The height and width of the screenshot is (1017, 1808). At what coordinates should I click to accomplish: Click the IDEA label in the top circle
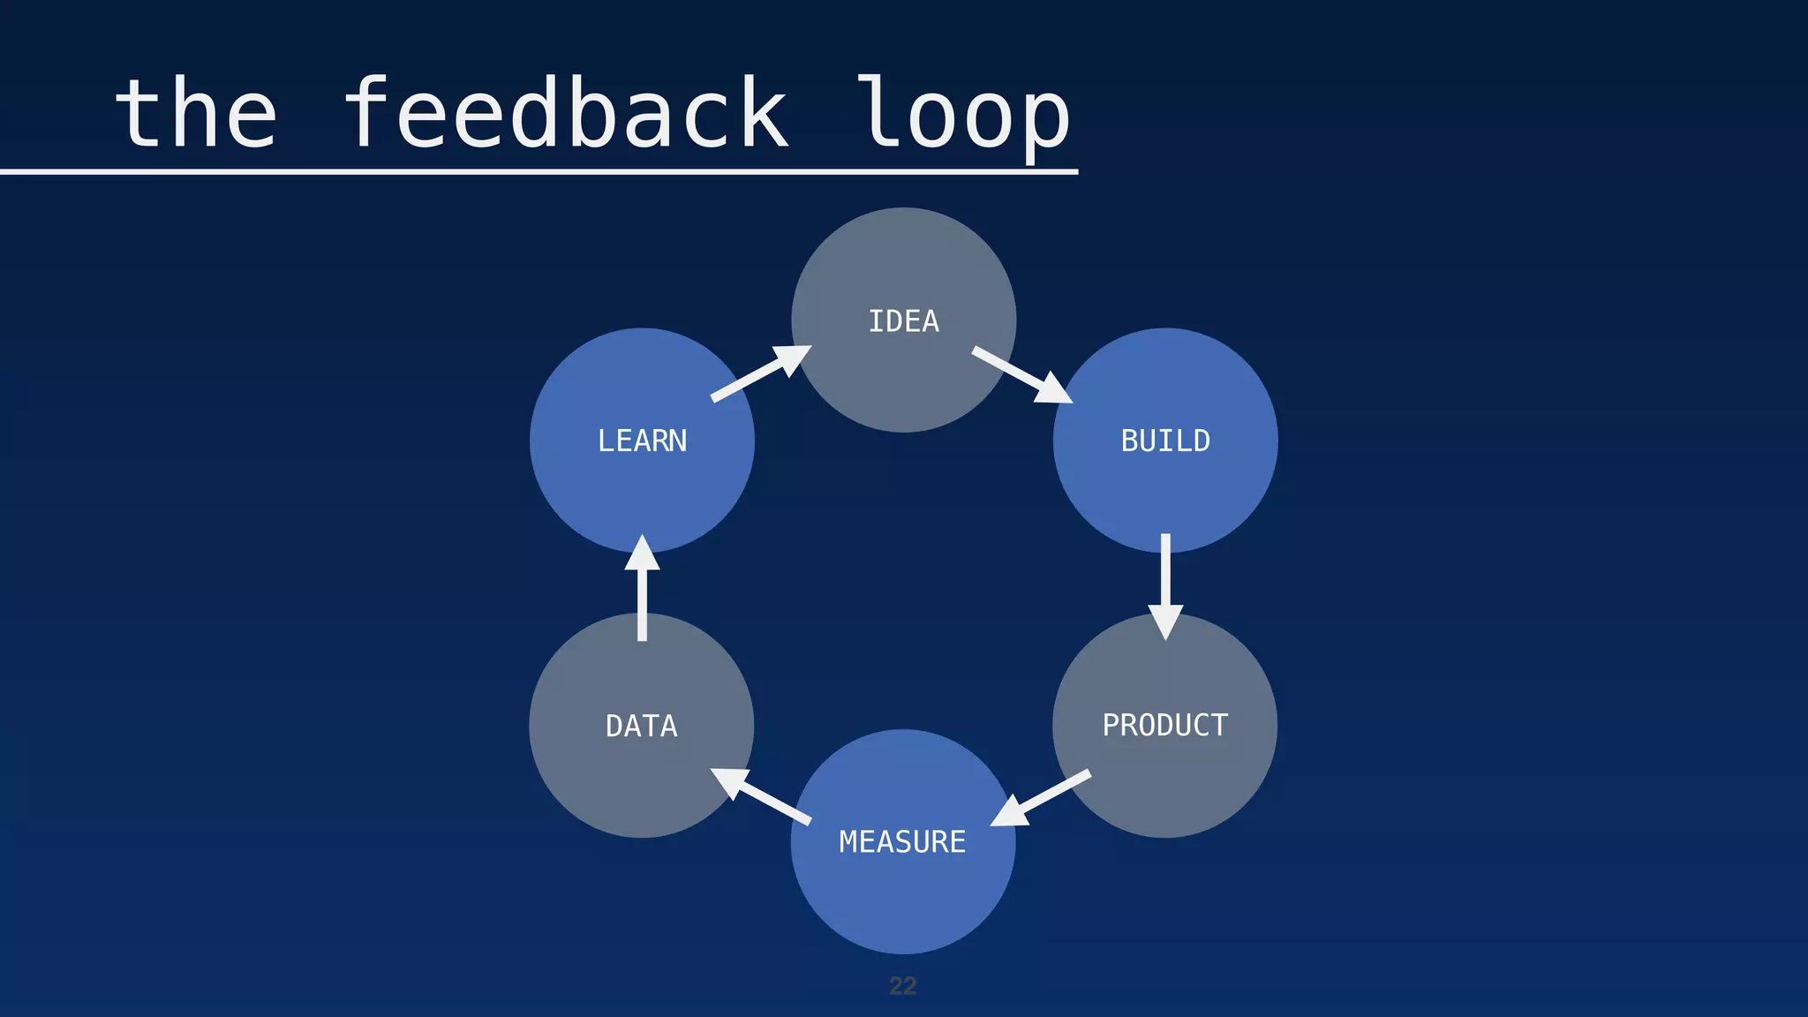point(903,321)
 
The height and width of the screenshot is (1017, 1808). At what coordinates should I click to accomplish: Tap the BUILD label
point(1165,441)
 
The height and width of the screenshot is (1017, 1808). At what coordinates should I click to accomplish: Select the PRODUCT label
point(1164,726)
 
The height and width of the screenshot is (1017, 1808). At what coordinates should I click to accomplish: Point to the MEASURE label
point(902,842)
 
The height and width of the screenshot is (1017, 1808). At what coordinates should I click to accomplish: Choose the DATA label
point(642,727)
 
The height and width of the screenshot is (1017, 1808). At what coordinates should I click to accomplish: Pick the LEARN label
point(642,441)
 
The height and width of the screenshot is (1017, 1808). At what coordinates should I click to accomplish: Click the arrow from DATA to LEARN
point(642,588)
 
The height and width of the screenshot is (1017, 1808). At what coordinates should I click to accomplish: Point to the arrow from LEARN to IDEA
point(760,373)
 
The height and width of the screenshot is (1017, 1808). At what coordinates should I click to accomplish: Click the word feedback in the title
point(565,115)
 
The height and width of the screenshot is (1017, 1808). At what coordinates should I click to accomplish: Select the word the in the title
point(196,115)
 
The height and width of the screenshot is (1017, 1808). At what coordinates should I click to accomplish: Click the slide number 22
point(902,986)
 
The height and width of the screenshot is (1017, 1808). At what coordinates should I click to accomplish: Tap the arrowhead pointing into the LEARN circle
point(642,554)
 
